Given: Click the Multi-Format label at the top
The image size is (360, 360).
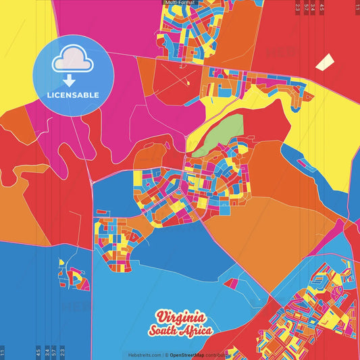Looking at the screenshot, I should [180, 3].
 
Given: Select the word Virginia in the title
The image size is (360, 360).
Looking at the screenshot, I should [179, 317].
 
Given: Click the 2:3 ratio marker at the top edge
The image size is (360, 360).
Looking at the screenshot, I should [298, 7].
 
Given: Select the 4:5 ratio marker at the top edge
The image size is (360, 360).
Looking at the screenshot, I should [322, 7].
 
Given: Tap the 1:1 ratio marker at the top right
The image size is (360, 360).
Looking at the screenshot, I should [357, 7].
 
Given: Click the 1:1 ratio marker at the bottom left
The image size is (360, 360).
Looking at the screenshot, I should [3, 353].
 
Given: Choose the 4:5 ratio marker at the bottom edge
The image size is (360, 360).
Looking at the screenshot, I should [38, 353].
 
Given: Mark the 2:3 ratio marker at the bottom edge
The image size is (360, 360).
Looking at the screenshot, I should [62, 353].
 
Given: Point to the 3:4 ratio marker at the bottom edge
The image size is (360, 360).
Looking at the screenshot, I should [47, 353].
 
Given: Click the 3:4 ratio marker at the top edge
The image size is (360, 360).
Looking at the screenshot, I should [313, 7].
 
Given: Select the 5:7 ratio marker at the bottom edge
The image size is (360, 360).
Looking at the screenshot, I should [54, 353].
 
